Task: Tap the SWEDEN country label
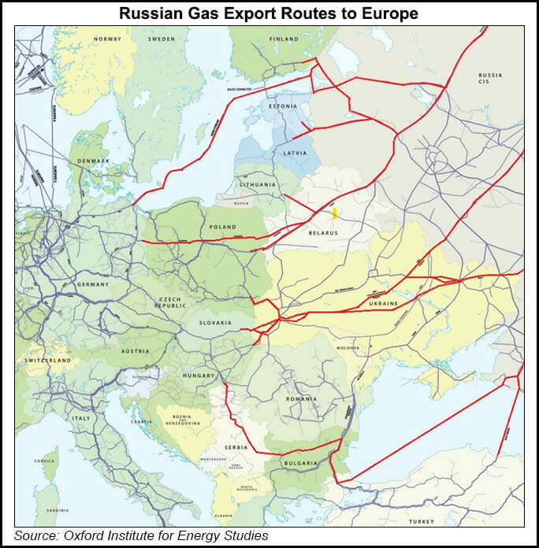click(162, 38)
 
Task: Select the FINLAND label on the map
click(284, 39)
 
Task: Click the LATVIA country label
click(296, 152)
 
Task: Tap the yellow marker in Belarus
click(334, 213)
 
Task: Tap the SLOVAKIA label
click(215, 322)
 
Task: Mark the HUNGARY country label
click(199, 376)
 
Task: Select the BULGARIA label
click(300, 463)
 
